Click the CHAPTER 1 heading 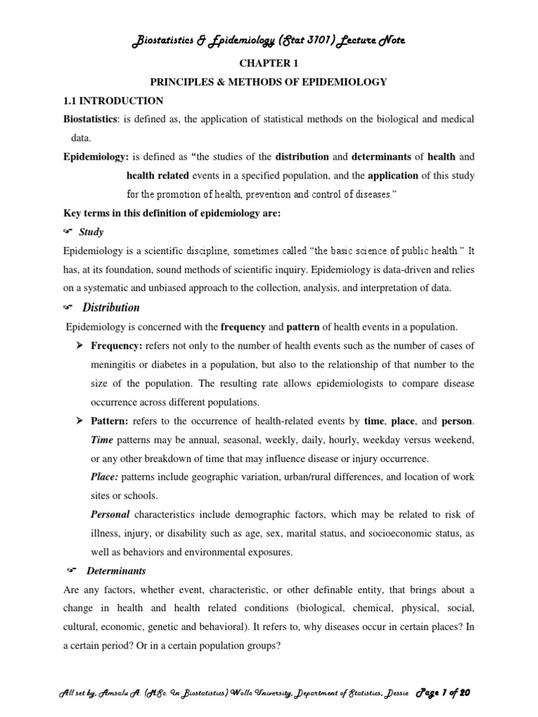pyautogui.click(x=268, y=63)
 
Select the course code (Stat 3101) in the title pyautogui.click(x=299, y=41)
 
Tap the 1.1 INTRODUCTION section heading pyautogui.click(x=113, y=101)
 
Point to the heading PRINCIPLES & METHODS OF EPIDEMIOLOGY pyautogui.click(x=268, y=82)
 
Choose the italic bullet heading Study pyautogui.click(x=92, y=232)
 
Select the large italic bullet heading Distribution pyautogui.click(x=111, y=307)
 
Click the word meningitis pyautogui.click(x=118, y=365)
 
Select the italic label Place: pyautogui.click(x=105, y=477)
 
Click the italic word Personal pyautogui.click(x=111, y=515)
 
